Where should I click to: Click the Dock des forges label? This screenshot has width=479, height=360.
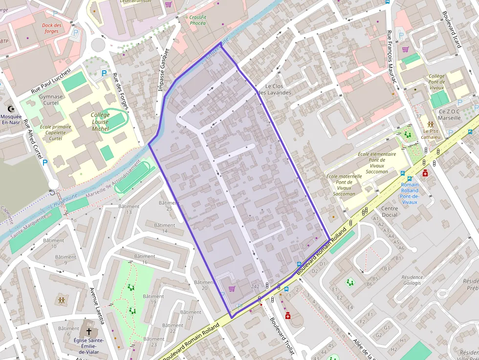click(x=51, y=28)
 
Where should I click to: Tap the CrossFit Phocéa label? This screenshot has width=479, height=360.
click(x=197, y=20)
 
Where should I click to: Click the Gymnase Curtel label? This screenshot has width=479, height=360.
click(x=51, y=100)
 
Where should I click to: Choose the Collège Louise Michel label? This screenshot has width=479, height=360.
click(x=100, y=122)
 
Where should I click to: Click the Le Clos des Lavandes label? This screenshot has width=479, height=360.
click(x=275, y=89)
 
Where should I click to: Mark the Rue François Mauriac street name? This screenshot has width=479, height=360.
click(x=391, y=57)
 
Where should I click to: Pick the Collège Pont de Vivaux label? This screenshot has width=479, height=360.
click(x=436, y=82)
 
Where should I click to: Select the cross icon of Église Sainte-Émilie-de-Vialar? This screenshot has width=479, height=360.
click(x=88, y=331)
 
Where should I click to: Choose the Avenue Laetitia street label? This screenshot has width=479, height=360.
click(x=97, y=306)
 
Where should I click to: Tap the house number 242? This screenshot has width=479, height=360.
click(x=255, y=286)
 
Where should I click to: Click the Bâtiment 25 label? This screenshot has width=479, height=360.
click(x=169, y=206)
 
